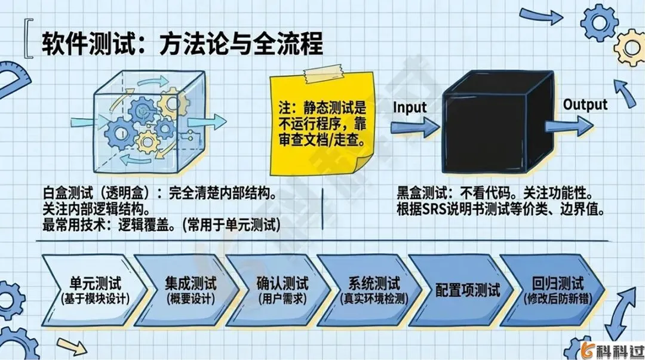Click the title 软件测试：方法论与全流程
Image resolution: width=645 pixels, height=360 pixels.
(x=182, y=44)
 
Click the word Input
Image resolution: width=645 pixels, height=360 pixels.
(x=410, y=107)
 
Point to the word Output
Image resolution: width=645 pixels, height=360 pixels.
(x=585, y=105)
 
